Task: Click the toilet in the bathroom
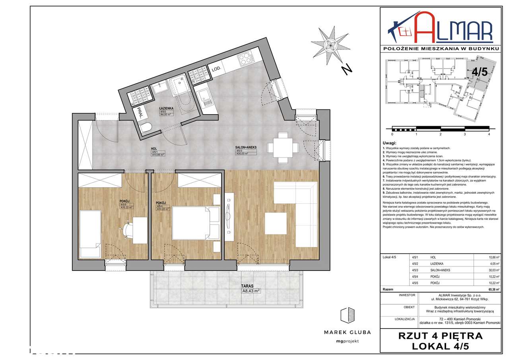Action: tap(146, 128)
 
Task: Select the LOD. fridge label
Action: tap(216, 69)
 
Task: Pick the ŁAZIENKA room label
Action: tap(165, 108)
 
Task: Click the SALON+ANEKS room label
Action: tap(246, 147)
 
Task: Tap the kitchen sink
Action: tap(207, 97)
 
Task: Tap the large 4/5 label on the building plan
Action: tap(479, 72)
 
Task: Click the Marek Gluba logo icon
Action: tap(347, 315)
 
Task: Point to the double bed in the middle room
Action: tap(195, 225)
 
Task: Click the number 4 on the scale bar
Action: tap(489, 134)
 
